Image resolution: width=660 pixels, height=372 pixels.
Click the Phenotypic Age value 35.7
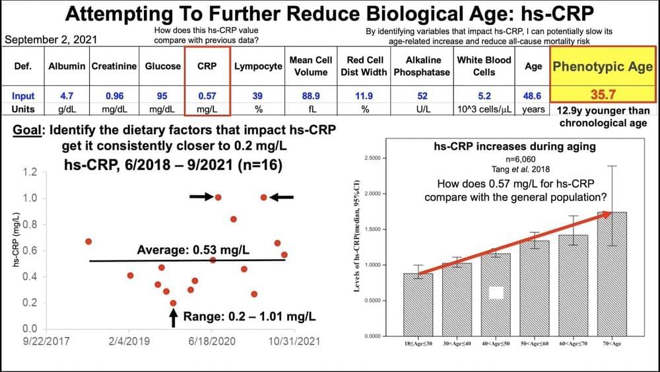pos(602,95)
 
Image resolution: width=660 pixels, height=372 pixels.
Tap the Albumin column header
pos(67,67)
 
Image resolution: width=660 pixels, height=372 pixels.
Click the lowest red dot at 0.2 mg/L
pos(174,303)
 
